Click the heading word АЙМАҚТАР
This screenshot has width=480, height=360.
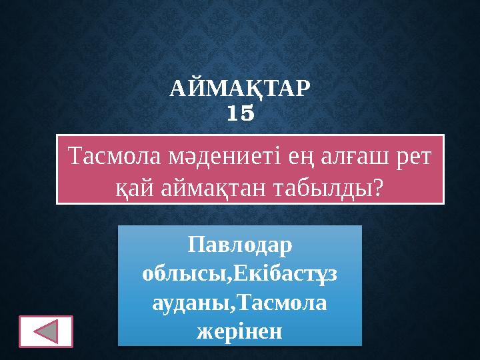pyautogui.click(x=240, y=89)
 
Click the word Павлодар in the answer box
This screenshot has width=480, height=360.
pyautogui.click(x=240, y=245)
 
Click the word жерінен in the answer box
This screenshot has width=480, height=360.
pyautogui.click(x=240, y=330)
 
